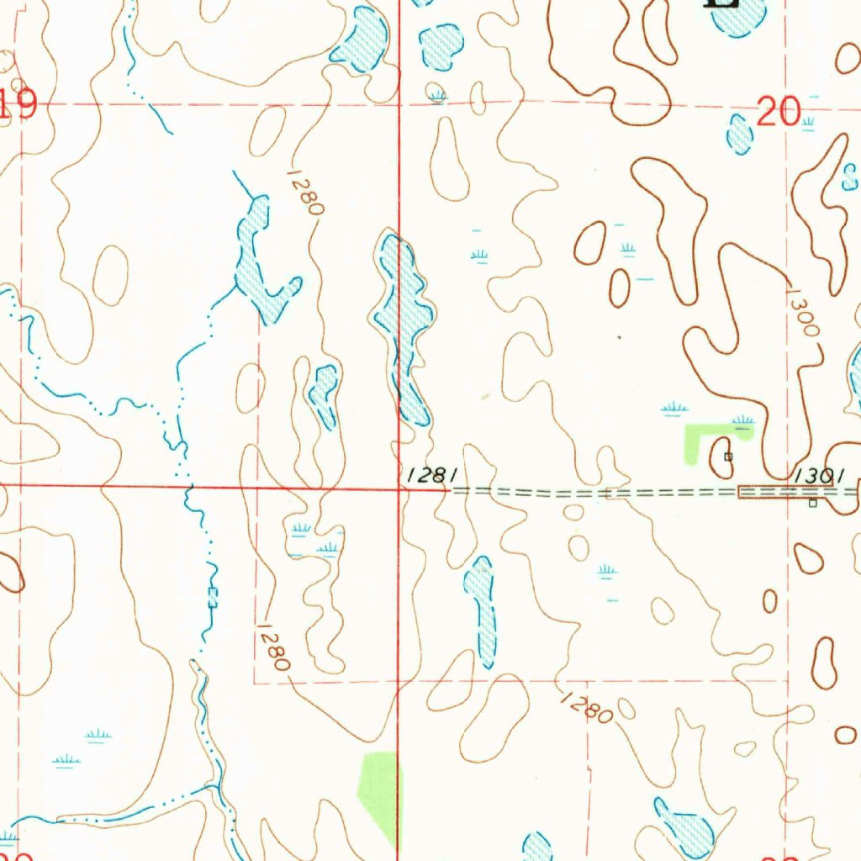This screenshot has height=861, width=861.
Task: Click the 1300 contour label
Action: (x=802, y=313)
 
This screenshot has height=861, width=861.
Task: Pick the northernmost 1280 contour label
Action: (x=304, y=192)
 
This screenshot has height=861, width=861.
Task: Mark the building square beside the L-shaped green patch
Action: (x=728, y=457)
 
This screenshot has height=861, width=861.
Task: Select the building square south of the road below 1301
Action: (x=812, y=504)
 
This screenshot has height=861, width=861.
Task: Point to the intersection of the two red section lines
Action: (x=399, y=487)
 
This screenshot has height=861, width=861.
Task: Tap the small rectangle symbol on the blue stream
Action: (x=213, y=598)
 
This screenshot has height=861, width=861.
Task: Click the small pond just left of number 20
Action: (x=739, y=135)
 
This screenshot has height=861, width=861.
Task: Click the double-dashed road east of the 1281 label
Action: (x=589, y=492)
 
